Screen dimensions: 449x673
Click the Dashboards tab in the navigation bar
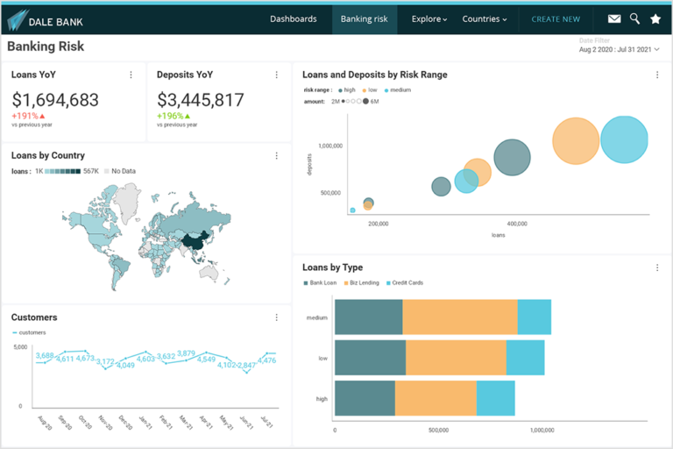tap(294, 18)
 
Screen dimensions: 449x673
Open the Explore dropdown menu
tap(429, 18)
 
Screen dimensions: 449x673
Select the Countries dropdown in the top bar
tap(484, 18)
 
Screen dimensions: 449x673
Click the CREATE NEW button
tap(556, 18)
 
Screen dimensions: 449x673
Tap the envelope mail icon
tap(614, 18)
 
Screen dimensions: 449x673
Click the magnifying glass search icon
tap(634, 18)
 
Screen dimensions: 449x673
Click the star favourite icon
tap(655, 18)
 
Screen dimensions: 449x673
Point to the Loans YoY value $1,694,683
tap(55, 100)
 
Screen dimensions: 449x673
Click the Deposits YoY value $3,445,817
tap(201, 100)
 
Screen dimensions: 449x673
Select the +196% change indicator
tap(174, 116)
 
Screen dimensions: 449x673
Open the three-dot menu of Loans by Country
tap(277, 156)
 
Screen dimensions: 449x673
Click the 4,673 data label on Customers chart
tap(85, 358)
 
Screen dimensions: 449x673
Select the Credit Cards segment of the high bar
tap(495, 398)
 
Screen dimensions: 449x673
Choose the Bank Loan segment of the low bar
tap(370, 358)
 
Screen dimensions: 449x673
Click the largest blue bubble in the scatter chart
tap(624, 139)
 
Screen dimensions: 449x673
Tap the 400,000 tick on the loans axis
tap(516, 224)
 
